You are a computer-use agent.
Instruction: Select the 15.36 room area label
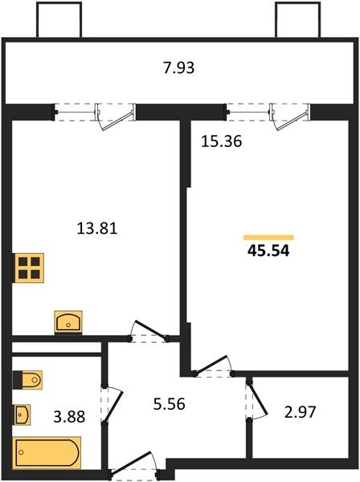[x=221, y=141]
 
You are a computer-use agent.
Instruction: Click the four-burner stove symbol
[x=29, y=267]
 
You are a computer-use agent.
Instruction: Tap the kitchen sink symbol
[x=68, y=322]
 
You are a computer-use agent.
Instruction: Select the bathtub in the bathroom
[x=47, y=452]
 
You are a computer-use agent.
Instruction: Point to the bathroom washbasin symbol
[x=23, y=415]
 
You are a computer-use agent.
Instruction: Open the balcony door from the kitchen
[x=109, y=118]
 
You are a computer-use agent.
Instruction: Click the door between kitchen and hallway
[x=148, y=332]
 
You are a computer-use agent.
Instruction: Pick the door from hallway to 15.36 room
[x=212, y=366]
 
